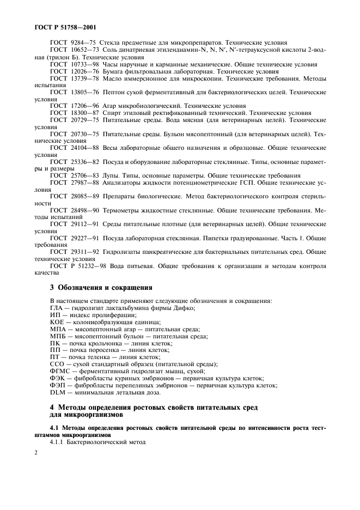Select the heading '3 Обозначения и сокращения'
coord(101,287)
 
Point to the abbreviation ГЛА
coord(57,308)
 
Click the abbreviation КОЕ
coord(57,322)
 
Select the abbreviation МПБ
coord(58,336)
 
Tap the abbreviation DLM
coord(58,392)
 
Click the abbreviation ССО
coord(57,364)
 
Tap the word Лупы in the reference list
coord(110,175)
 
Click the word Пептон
coord(114,93)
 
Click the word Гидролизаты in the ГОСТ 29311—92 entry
coord(125,252)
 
